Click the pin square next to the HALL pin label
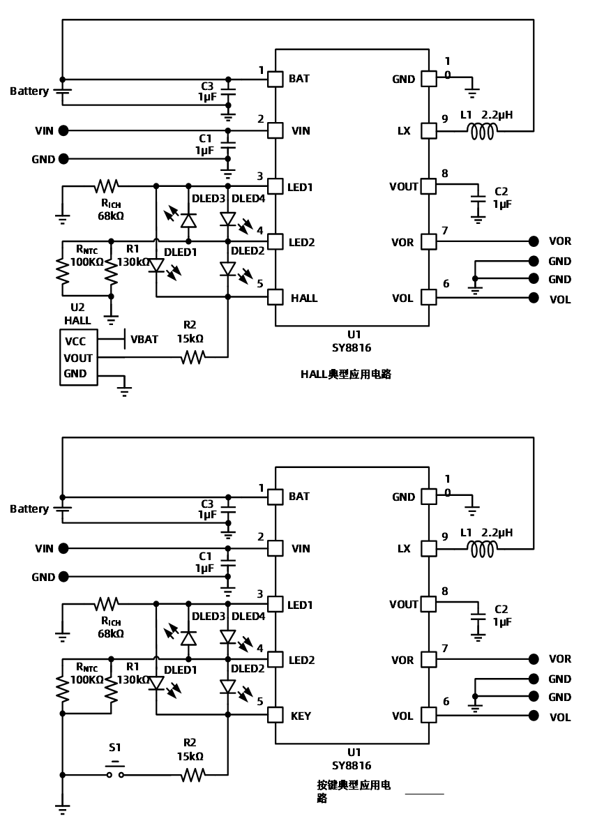pyautogui.click(x=275, y=298)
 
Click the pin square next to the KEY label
pyautogui.click(x=275, y=716)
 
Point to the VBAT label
pyautogui.click(x=144, y=339)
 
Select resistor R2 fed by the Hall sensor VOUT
pyautogui.click(x=192, y=357)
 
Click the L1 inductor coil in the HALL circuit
pyautogui.click(x=482, y=131)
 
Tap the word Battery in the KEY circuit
pyautogui.click(x=29, y=508)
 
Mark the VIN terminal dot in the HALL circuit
pyautogui.click(x=63, y=130)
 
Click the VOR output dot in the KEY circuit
pyautogui.click(x=534, y=659)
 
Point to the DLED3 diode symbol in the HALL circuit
pyautogui.click(x=188, y=219)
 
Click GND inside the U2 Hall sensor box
pyautogui.click(x=75, y=373)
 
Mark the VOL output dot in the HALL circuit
pyautogui.click(x=534, y=298)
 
